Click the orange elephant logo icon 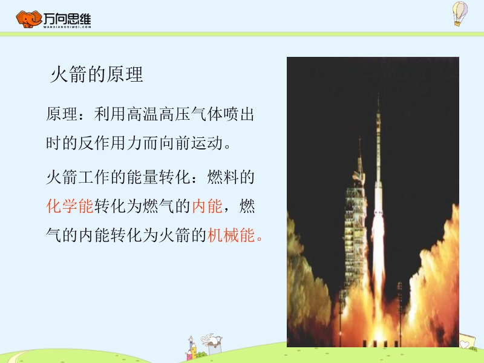tap(29, 19)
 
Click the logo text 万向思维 tap(67, 19)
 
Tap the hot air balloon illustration tap(460, 13)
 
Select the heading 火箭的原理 tap(97, 74)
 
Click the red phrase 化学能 tap(70, 206)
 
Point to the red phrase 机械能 tap(231, 235)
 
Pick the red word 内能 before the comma tap(207, 206)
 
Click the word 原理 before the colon tap(62, 114)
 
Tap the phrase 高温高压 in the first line tap(159, 114)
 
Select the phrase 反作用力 tap(110, 143)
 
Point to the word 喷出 tap(239, 114)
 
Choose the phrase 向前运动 tap(191, 143)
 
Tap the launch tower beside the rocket tap(355, 216)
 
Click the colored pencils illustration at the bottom tap(192, 348)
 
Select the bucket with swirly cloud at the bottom tap(212, 344)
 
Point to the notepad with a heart tap(466, 341)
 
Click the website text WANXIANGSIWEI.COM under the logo tap(67, 27)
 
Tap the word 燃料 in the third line tap(223, 177)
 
